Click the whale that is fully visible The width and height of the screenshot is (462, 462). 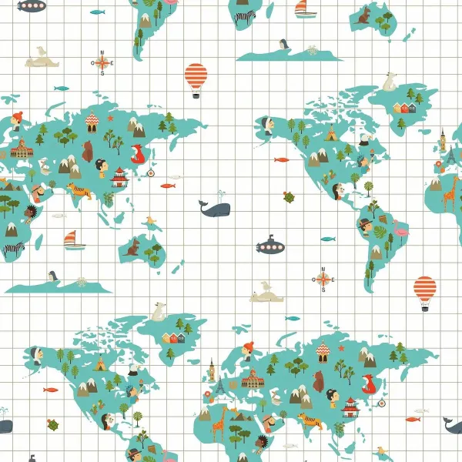tap(215, 208)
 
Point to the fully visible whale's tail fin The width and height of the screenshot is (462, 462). tap(202, 204)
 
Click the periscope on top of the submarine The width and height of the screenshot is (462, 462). tap(269, 235)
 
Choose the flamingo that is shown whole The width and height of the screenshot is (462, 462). tap(400, 229)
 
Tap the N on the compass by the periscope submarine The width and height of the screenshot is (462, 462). tap(323, 267)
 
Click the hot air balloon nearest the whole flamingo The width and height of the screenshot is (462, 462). tap(424, 291)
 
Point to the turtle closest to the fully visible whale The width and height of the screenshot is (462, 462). tap(289, 197)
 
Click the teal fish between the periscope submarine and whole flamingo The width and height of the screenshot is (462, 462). tap(328, 239)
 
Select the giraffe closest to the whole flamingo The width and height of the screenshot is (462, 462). tap(449, 192)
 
